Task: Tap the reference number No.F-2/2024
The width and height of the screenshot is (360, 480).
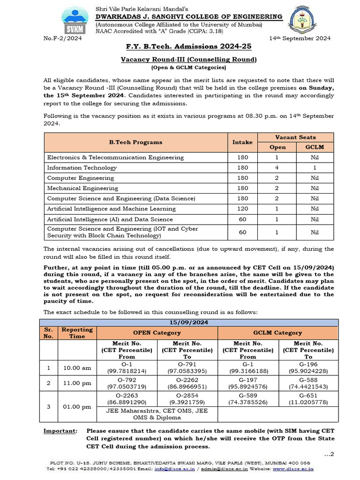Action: point(62,38)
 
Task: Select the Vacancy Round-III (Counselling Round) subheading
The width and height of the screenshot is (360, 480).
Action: point(188,60)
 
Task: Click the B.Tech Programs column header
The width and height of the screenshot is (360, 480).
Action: point(135,142)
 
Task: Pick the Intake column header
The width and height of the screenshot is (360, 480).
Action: point(242,142)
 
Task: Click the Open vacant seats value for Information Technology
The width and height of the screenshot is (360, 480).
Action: point(277,167)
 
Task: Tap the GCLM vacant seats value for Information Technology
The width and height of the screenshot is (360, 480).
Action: point(314,167)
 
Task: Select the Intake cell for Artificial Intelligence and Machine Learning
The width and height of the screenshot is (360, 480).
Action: point(242,209)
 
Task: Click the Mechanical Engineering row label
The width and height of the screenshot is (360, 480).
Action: point(82,188)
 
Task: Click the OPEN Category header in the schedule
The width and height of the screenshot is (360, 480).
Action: point(157,333)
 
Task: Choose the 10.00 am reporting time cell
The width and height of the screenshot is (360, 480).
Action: point(77,368)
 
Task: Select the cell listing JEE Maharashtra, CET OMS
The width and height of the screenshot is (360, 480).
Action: point(157,414)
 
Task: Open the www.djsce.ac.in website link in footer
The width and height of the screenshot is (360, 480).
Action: point(293,468)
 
